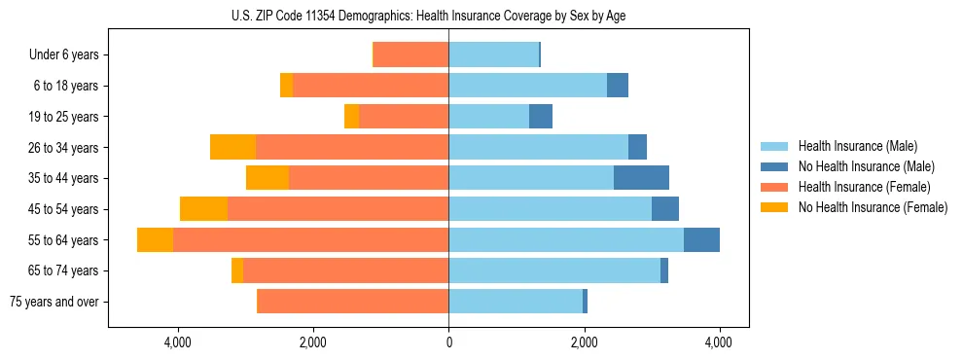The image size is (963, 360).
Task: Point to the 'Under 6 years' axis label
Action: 64,55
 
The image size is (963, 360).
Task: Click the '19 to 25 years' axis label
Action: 64,117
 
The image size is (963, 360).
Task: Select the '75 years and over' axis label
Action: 54,302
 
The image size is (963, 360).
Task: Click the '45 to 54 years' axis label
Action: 64,209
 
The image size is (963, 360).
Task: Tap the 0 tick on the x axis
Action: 448,342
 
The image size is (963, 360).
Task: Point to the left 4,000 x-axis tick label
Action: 178,342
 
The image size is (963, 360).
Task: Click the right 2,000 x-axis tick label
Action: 584,342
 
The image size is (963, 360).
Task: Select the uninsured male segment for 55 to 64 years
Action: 701,240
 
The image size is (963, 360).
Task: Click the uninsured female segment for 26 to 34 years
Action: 232,147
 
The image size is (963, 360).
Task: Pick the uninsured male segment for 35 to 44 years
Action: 641,178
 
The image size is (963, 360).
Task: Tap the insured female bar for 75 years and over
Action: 352,302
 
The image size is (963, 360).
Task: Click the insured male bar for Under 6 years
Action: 493,54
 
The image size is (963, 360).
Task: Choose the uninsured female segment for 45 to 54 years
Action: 203,209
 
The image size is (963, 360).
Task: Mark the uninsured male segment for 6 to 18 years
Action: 618,86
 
